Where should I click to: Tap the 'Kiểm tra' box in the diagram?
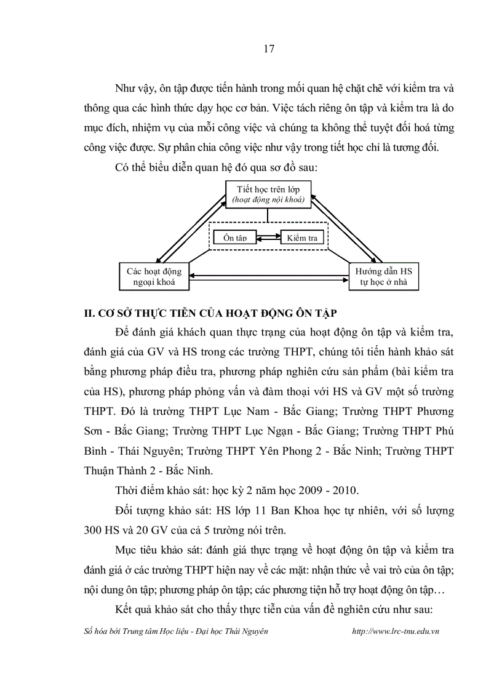[x=301, y=238]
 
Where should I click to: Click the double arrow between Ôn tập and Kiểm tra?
[x=268, y=238]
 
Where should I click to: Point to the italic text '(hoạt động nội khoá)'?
[x=266, y=200]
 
